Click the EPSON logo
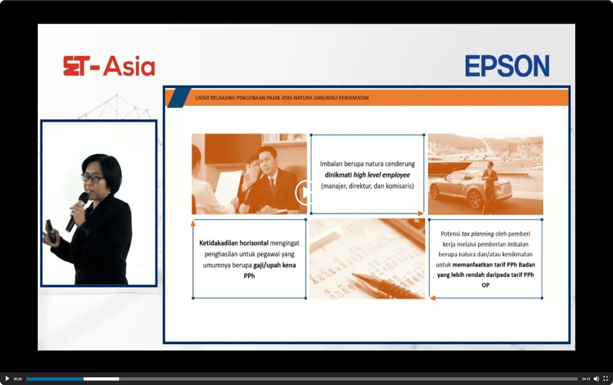[x=507, y=66]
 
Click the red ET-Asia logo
[x=109, y=66]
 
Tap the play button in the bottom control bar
[x=7, y=378]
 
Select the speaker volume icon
[x=596, y=379]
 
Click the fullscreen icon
[x=606, y=379]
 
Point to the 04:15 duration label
[x=586, y=379]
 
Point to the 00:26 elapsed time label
[x=18, y=379]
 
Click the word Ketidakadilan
[x=219, y=243]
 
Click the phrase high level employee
[x=381, y=175]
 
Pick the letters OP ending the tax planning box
[x=485, y=285]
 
